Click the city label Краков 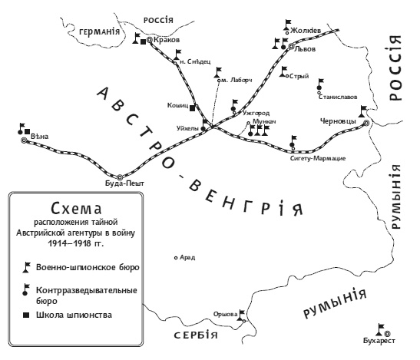pos(167,40)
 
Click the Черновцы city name pos(339,121)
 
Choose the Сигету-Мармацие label pos(317,158)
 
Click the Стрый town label pos(299,76)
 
